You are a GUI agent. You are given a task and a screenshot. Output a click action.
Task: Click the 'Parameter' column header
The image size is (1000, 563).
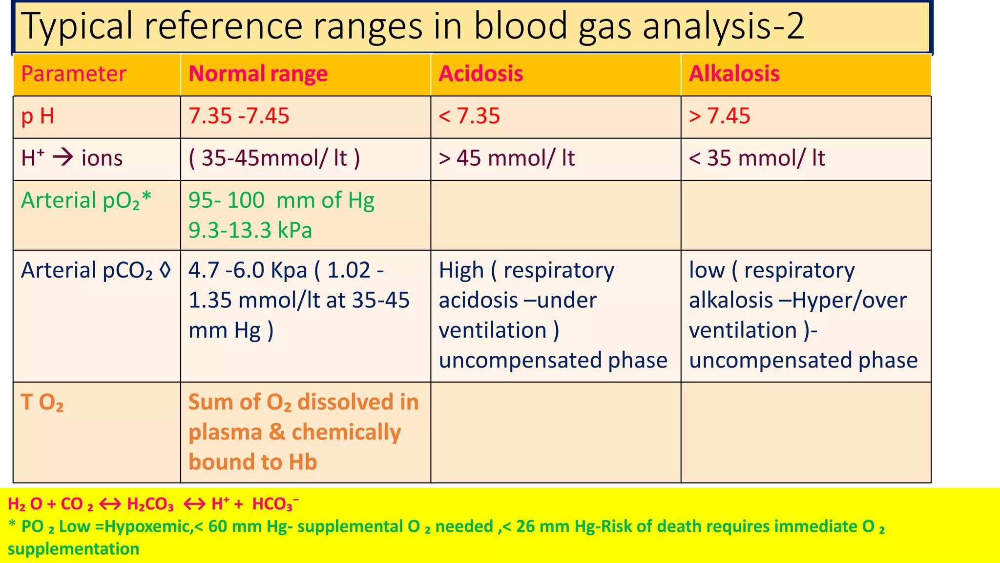[x=74, y=74]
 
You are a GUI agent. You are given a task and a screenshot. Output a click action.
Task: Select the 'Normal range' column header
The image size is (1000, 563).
[x=258, y=74]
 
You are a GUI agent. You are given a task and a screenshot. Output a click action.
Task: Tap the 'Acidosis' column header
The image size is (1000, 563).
[x=480, y=74]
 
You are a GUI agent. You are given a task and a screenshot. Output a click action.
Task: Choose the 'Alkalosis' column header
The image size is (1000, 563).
[x=734, y=74]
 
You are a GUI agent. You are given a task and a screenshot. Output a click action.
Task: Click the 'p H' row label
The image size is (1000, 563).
[x=38, y=116]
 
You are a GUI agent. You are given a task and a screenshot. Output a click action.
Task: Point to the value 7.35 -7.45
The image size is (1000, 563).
[x=239, y=116]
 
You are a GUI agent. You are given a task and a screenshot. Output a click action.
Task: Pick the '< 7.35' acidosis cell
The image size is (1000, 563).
[x=469, y=116]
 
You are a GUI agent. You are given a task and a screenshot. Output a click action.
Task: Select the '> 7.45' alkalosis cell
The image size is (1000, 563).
[x=719, y=116]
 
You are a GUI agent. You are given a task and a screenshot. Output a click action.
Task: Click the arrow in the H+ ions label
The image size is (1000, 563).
[x=63, y=158]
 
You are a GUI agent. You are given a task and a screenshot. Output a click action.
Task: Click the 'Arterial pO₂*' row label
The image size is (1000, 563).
[x=86, y=201]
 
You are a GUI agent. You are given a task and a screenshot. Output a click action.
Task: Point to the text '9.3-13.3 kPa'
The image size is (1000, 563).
[x=250, y=230]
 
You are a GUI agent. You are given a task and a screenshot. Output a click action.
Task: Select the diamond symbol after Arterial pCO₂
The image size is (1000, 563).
[x=166, y=270]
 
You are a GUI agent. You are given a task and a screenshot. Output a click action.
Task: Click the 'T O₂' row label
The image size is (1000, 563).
[x=42, y=403]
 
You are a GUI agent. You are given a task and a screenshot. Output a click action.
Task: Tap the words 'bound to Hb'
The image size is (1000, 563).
[x=252, y=462]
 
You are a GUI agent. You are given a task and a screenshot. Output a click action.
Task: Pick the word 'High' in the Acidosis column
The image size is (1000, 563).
[x=461, y=271]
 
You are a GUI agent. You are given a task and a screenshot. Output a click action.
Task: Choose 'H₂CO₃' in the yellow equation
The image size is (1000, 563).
[x=150, y=504]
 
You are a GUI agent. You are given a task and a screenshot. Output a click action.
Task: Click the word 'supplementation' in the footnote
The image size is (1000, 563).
[x=73, y=549]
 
